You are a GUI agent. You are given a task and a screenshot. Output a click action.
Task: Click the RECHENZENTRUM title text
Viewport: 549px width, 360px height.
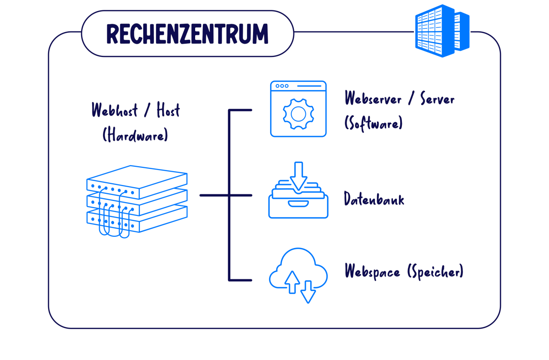(187, 34)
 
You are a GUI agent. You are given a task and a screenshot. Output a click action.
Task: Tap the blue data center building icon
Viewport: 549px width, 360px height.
(442, 31)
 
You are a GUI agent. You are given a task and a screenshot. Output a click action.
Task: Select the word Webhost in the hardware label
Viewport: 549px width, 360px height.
(115, 111)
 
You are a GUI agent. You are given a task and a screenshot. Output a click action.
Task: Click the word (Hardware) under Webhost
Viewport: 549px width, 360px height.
(135, 135)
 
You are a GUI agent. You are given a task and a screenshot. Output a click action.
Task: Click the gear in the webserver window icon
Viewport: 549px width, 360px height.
(298, 114)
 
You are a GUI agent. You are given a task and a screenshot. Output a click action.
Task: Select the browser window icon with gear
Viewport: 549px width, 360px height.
(298, 109)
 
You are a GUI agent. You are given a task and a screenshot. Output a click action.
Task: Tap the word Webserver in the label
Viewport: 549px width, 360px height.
(373, 99)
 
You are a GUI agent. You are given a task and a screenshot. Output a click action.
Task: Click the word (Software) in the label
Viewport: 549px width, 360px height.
(373, 124)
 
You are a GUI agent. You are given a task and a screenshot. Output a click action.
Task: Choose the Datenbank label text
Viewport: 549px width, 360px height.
(374, 200)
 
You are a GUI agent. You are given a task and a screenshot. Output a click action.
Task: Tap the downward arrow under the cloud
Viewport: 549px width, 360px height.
(308, 292)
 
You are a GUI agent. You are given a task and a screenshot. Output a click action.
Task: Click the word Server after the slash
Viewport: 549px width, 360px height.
(437, 99)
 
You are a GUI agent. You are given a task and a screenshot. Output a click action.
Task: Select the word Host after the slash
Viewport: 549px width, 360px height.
(168, 111)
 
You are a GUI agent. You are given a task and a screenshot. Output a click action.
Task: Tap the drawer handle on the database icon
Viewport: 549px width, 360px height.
(298, 203)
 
